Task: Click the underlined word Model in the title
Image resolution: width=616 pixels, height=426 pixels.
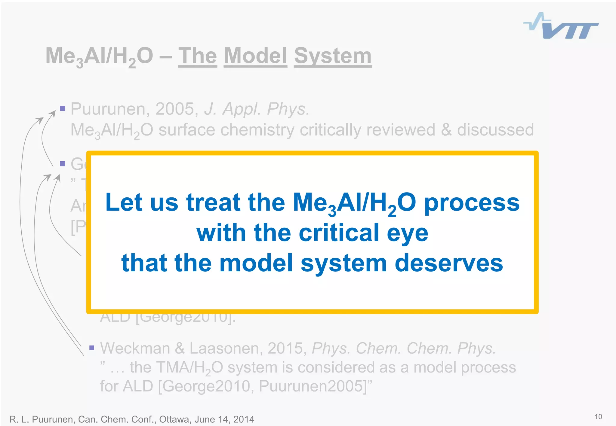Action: (x=255, y=56)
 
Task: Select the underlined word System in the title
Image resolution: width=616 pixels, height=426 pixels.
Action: (x=333, y=56)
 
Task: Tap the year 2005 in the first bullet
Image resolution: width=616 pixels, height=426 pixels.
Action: (x=175, y=109)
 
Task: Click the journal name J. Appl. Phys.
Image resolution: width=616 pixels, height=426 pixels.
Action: (x=257, y=109)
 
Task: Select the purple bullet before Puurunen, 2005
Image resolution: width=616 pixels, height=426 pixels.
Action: (x=63, y=108)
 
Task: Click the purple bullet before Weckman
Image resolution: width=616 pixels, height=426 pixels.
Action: (x=92, y=348)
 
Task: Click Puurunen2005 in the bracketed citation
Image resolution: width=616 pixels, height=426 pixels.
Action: (x=312, y=386)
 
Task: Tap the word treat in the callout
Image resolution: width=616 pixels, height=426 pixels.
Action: (x=214, y=202)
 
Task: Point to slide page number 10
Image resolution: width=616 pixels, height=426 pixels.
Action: (x=598, y=417)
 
